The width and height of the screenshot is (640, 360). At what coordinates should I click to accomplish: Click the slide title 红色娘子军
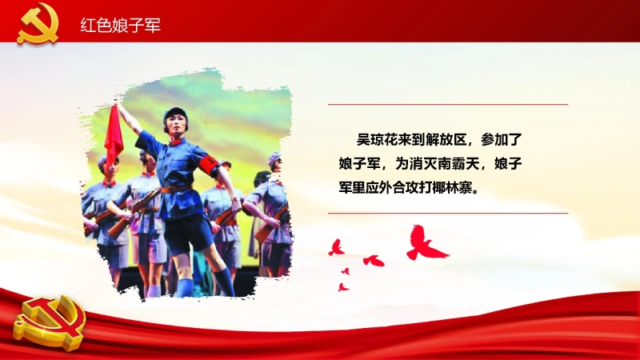[121, 26]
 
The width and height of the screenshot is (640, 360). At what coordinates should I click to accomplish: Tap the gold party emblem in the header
[38, 23]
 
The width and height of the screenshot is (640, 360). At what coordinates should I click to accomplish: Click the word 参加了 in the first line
[502, 139]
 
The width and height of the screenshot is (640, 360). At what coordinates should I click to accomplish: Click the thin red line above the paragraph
[448, 105]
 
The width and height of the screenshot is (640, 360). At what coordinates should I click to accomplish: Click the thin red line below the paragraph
[448, 213]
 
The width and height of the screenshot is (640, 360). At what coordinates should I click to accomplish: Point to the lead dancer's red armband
[210, 166]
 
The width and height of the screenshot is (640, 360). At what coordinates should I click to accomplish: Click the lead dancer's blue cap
[175, 114]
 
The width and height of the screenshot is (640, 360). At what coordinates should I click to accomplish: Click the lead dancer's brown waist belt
[175, 189]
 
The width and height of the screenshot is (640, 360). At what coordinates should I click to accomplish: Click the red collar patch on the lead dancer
[177, 142]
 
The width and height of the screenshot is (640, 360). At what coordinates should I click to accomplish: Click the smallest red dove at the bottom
[346, 271]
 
